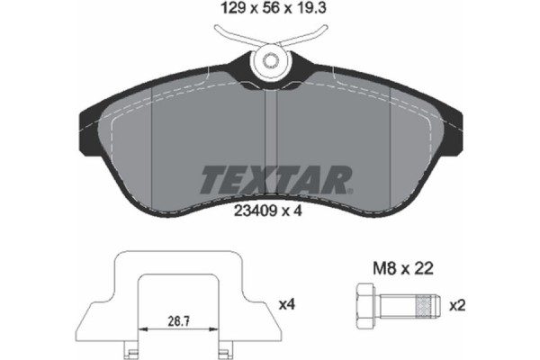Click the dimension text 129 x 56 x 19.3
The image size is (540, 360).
pos(270,12)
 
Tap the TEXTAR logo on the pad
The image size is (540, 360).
pos(270,180)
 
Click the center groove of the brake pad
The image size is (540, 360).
pos(270,135)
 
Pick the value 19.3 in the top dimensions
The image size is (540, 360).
pos(307,12)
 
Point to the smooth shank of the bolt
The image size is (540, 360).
pos(396,305)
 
